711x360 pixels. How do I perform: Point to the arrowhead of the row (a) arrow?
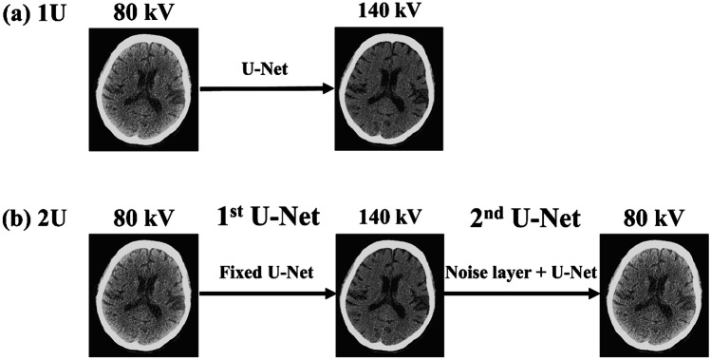[330, 89]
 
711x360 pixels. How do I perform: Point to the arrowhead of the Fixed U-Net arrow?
[331, 292]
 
